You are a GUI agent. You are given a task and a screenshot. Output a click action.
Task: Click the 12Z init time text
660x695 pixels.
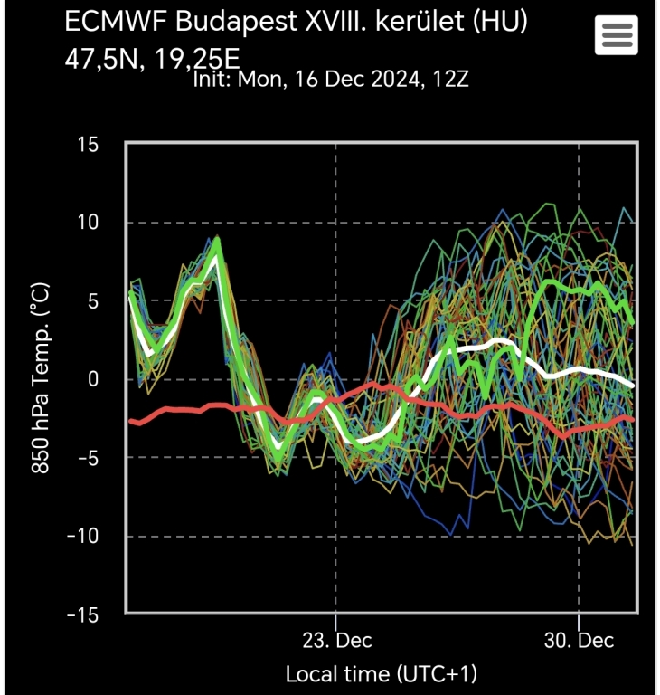(450, 80)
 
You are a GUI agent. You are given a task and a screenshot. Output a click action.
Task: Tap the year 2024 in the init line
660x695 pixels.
(390, 80)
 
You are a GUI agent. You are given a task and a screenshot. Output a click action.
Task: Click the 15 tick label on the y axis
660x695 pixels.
(88, 145)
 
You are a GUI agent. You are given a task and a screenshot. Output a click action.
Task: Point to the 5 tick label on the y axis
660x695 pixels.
(94, 301)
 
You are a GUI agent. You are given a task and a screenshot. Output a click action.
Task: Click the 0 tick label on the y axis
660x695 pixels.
(94, 379)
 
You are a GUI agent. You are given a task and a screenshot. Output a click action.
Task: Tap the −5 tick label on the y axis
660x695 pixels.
(87, 458)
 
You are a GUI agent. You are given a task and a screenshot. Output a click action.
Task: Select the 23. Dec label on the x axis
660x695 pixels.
(336, 640)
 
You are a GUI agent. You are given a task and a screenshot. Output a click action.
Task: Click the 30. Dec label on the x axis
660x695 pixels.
(579, 640)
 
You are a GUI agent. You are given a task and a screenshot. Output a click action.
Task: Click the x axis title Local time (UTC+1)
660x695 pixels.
(381, 673)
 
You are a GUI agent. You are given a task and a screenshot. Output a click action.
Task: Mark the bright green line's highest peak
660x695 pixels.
(217, 242)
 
